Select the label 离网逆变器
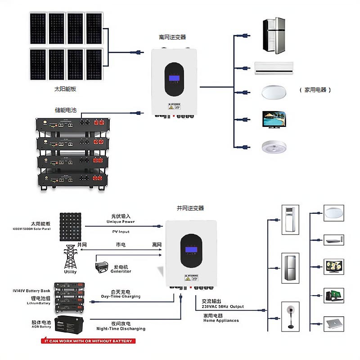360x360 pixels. (172, 37)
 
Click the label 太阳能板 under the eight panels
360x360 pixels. (65, 89)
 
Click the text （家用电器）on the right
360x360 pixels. (315, 90)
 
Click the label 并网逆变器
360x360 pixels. (190, 208)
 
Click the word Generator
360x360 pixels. (121, 271)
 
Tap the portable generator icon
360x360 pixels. (103, 266)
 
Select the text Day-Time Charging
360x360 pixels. (121, 297)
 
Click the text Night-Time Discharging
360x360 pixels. (121, 329)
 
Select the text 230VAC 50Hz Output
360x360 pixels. (220, 306)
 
